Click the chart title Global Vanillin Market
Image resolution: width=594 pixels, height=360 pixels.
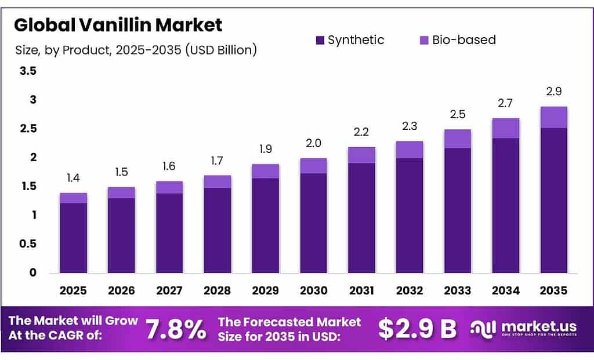[x=118, y=25]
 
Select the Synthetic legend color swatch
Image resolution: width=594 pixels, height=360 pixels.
[x=320, y=40]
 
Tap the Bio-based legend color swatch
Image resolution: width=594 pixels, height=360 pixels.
[x=423, y=40]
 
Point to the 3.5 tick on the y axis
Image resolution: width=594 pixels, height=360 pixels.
[x=28, y=71]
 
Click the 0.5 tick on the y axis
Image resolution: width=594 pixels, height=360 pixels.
[x=28, y=244]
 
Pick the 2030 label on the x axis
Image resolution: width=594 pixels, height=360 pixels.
[x=313, y=290]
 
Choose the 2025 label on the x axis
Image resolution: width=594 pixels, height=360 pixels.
[x=74, y=290]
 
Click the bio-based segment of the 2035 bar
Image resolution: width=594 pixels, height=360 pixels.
[x=553, y=117]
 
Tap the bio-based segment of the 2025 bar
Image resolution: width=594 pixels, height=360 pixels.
[x=74, y=198]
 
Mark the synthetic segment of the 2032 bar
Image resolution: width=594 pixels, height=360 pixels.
[x=409, y=215]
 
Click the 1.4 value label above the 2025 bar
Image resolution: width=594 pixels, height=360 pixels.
[x=74, y=178]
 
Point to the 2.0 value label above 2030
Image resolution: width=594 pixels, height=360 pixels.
[x=313, y=143]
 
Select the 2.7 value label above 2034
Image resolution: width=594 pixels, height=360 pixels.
[x=505, y=103]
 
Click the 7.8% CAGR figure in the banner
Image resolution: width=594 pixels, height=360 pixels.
[x=176, y=330]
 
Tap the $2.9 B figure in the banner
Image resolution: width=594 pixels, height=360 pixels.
[x=417, y=329]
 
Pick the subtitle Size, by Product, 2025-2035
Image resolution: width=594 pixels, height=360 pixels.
[x=136, y=50]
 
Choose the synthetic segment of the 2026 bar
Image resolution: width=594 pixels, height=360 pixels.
[x=121, y=235]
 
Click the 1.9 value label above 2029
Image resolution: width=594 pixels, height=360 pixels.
[x=265, y=149]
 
